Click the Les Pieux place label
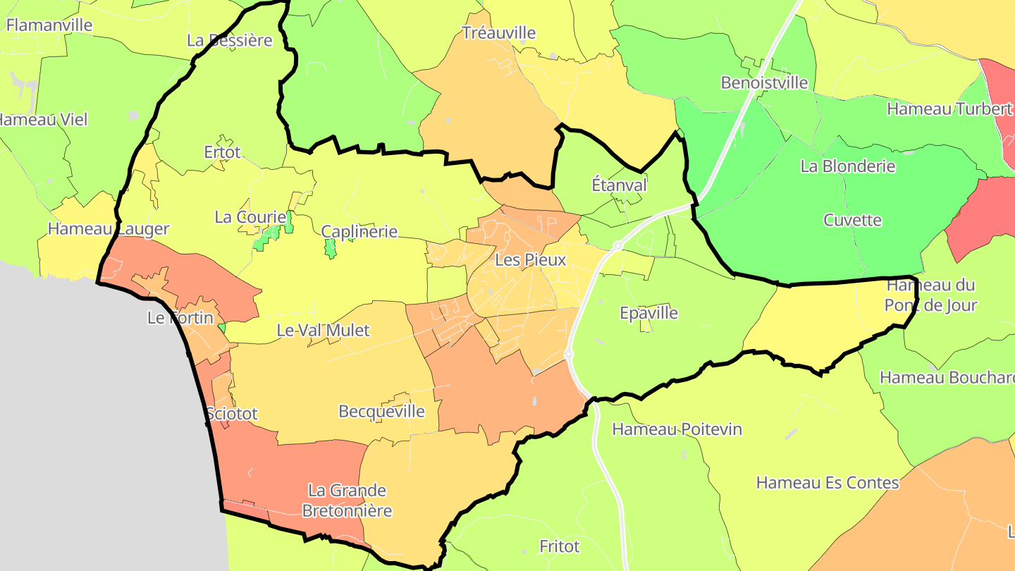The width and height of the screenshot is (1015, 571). (x=530, y=259)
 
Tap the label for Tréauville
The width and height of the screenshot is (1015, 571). (x=498, y=32)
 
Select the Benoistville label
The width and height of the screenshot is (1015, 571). (x=764, y=82)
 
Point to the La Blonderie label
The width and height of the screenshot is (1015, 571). (x=848, y=166)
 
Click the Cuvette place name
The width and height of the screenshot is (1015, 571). (x=852, y=220)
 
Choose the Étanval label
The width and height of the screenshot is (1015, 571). (x=619, y=185)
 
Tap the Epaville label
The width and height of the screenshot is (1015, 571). (x=648, y=313)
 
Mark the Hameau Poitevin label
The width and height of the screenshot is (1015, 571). (x=677, y=429)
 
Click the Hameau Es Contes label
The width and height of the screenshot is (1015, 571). (x=828, y=483)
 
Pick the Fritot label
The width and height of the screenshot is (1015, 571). (x=559, y=546)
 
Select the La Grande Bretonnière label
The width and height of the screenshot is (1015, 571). (x=347, y=500)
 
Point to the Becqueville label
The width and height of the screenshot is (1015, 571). (x=382, y=411)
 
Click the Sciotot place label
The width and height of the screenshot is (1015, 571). (x=233, y=414)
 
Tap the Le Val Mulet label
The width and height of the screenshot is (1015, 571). (x=323, y=330)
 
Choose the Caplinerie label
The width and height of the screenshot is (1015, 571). (x=359, y=231)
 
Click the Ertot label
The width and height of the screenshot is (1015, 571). (x=222, y=152)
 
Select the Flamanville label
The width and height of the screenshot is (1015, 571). (x=49, y=25)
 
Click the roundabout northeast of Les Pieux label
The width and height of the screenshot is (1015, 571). (x=617, y=246)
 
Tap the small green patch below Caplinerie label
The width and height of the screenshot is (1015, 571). (x=330, y=248)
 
